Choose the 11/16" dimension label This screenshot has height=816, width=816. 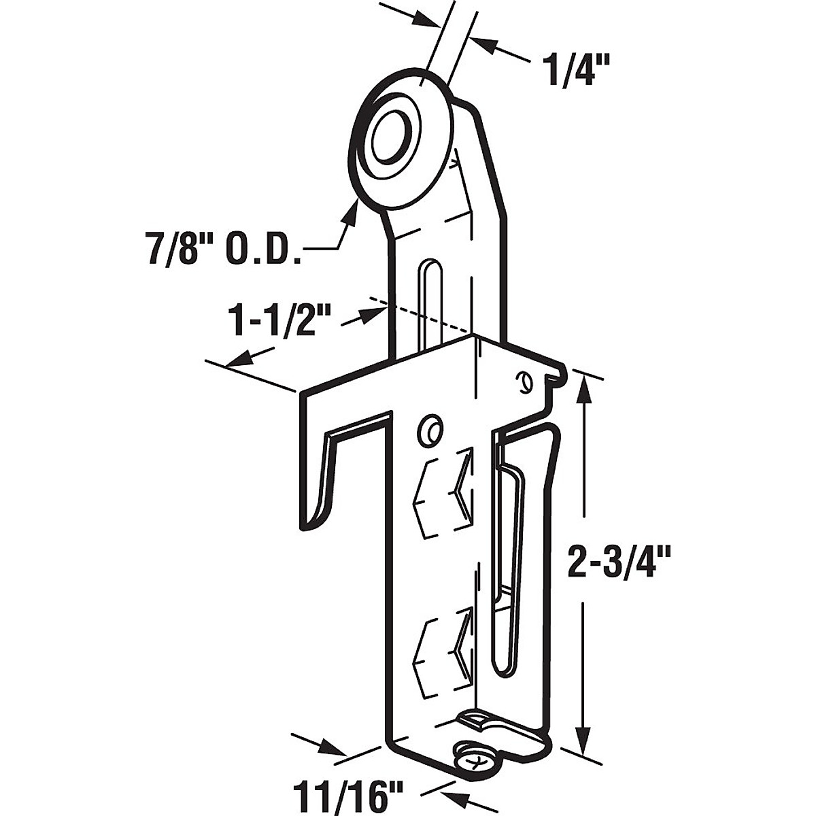pos(349,794)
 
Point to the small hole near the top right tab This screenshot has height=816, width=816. pos(522,382)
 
